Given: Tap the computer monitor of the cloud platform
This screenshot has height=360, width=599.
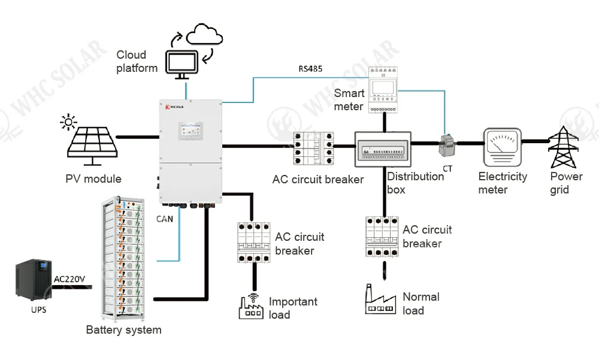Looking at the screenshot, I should point(182,64).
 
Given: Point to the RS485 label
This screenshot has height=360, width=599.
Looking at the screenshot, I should point(310,69).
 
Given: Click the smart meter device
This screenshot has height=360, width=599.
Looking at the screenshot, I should point(383,89).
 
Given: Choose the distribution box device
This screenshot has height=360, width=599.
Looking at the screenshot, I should point(383,149).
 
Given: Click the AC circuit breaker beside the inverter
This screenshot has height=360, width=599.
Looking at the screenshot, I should point(313,149).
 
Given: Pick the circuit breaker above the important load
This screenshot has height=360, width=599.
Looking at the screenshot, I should point(254,241).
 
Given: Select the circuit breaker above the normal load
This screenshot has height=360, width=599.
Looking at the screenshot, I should point(382,236).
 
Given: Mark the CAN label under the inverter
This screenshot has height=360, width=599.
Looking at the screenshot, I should point(164,219).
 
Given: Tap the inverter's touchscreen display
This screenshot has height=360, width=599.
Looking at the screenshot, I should point(190,131).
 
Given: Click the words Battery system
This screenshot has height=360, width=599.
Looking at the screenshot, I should point(123,329).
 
